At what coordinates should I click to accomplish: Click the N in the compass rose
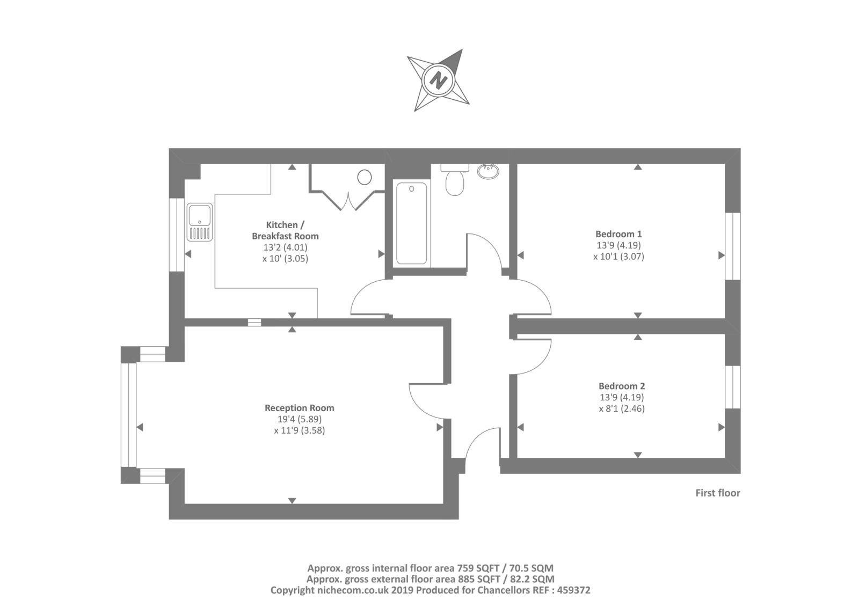[x=439, y=81]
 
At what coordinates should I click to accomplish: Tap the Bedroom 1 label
[x=618, y=234]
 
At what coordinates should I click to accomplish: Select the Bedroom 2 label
[x=622, y=386]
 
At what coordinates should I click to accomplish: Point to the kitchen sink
[x=200, y=222]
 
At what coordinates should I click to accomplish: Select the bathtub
[x=412, y=223]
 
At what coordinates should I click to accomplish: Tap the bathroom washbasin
[x=488, y=171]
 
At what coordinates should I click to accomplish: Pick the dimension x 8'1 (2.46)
[x=622, y=408]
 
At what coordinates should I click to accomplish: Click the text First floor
[x=717, y=493]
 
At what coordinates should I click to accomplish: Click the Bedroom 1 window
[x=733, y=246]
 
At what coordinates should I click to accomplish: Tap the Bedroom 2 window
[x=733, y=387]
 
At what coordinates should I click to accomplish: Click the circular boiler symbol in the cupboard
[x=365, y=177]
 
